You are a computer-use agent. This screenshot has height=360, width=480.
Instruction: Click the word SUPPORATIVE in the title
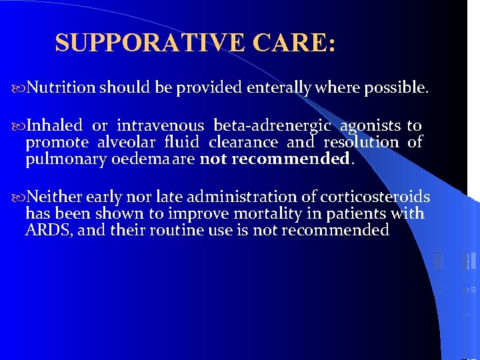tap(151, 43)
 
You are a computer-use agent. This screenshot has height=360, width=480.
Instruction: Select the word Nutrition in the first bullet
tap(62, 87)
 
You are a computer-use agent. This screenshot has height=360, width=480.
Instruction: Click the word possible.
tap(397, 87)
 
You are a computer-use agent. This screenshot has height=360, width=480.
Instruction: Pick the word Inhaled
tap(54, 125)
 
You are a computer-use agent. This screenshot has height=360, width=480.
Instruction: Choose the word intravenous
tap(160, 125)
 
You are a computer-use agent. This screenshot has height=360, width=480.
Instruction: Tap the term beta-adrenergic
tap(272, 125)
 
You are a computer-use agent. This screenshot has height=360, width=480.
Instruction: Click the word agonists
tap(370, 125)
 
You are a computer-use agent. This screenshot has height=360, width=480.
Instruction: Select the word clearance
tap(243, 142)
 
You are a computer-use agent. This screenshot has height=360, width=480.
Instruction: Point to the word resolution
tap(361, 142)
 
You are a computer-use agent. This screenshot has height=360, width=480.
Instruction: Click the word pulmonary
tap(57, 159)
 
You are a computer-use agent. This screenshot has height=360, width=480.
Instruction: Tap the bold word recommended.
tap(307, 159)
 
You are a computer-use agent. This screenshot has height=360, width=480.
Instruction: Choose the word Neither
tap(55, 197)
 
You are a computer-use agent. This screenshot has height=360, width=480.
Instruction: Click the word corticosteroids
tap(375, 197)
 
